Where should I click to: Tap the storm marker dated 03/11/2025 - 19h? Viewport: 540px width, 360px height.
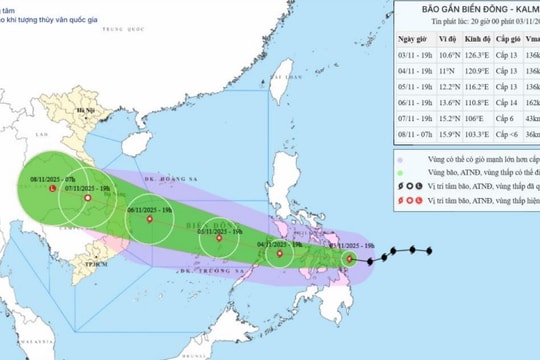tap(349, 260)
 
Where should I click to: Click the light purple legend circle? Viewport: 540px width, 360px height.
tap(399, 160)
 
